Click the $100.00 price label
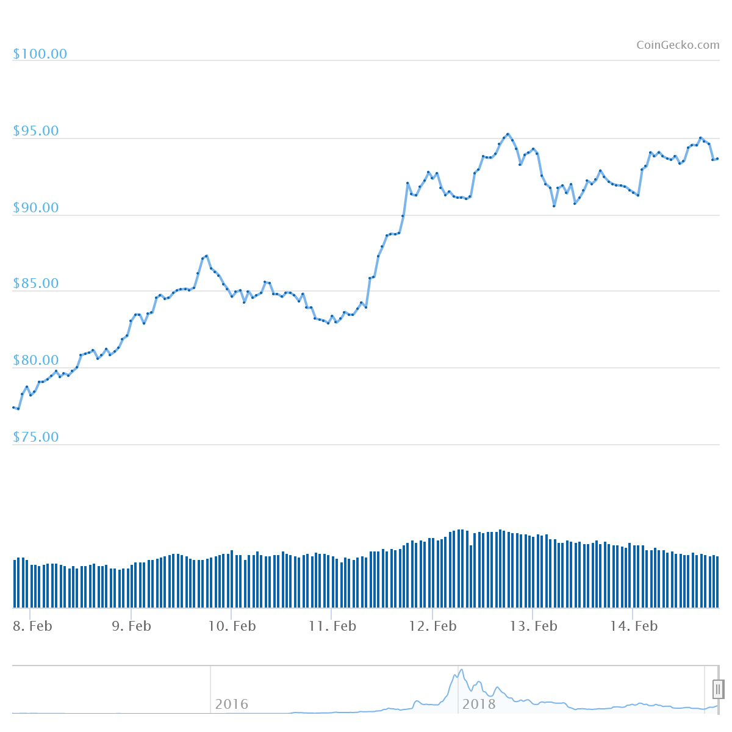(x=40, y=54)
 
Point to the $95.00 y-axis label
(x=36, y=131)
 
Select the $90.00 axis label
(x=36, y=208)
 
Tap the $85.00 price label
(x=36, y=284)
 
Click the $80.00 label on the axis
(x=36, y=361)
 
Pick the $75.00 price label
(x=36, y=437)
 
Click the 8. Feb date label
(x=32, y=626)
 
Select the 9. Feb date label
(x=131, y=626)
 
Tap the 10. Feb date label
(x=232, y=626)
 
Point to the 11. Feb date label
(x=332, y=626)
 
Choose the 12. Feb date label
(x=432, y=626)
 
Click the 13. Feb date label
(x=534, y=626)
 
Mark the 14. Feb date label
(x=634, y=626)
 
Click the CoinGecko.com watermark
(x=678, y=45)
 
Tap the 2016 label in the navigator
(x=232, y=705)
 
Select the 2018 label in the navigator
(x=479, y=705)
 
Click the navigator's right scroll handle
(x=718, y=689)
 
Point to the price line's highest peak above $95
(x=508, y=134)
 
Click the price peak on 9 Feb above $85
(x=206, y=256)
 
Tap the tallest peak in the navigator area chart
(x=461, y=670)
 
